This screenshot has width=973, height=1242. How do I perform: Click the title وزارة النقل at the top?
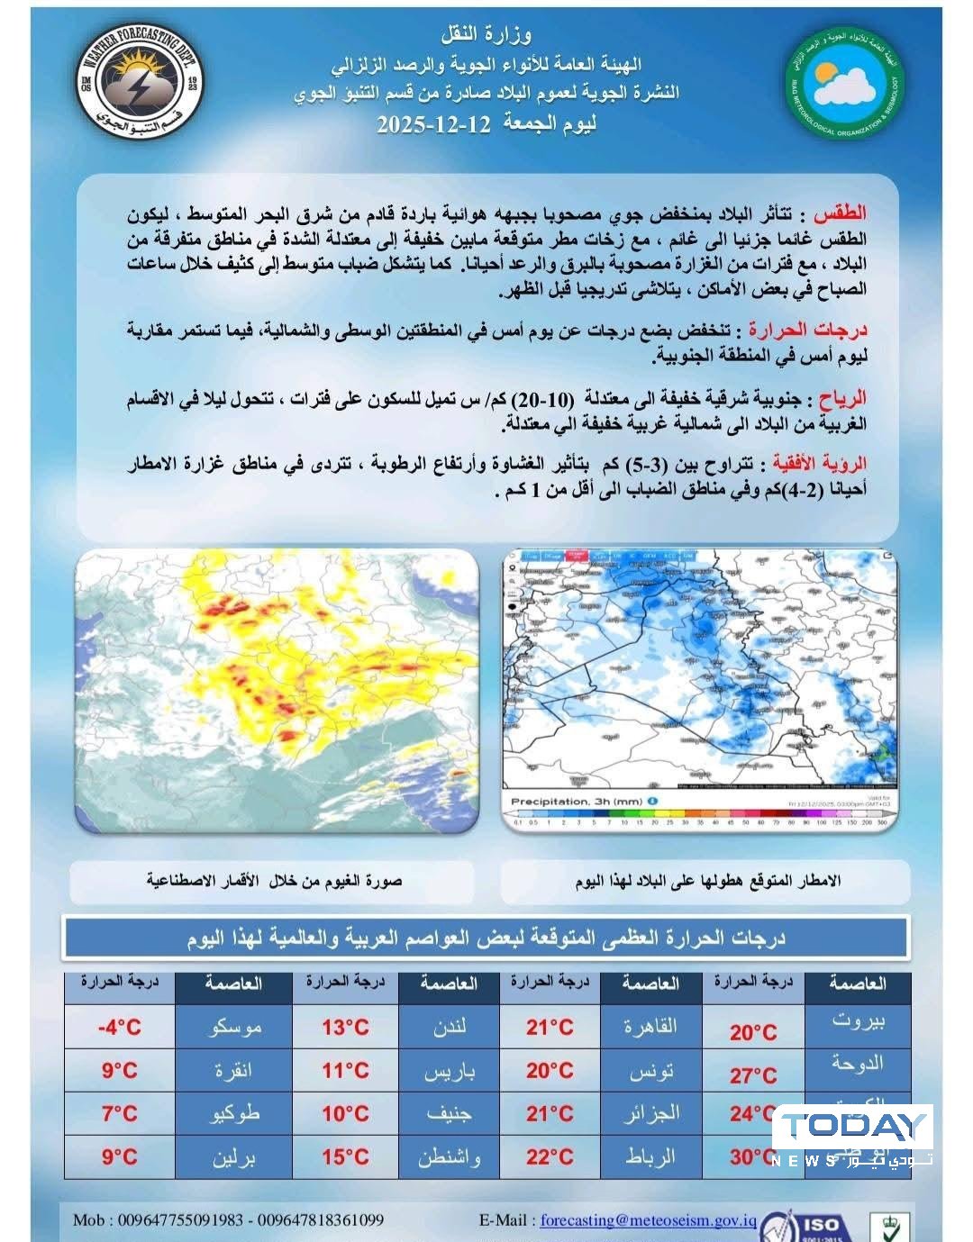[x=486, y=35]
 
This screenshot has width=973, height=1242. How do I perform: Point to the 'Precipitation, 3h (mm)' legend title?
[x=577, y=801]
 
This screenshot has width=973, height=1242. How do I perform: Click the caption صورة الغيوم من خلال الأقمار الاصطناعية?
[x=274, y=880]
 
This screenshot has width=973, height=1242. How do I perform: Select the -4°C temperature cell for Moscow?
[x=120, y=1027]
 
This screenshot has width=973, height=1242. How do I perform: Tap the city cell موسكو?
[x=234, y=1027]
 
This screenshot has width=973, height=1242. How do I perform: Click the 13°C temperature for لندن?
[x=346, y=1027]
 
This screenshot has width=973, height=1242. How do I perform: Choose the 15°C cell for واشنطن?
[x=346, y=1156]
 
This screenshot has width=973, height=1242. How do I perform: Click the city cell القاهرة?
[x=651, y=1027]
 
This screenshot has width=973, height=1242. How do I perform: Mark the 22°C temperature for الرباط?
[x=550, y=1156]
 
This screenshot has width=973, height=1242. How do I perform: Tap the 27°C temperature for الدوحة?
[x=753, y=1074]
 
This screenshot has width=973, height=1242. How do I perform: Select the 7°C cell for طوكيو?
[x=120, y=1113]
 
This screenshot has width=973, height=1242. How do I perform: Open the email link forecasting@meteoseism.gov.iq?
[x=648, y=1220]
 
